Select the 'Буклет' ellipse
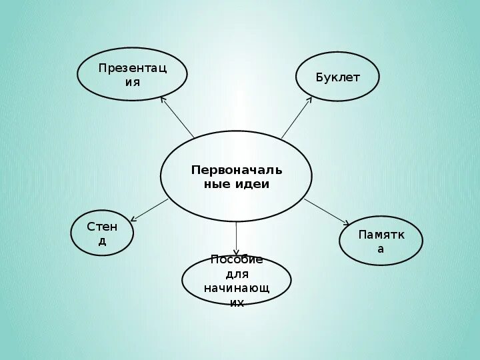pos(337,77)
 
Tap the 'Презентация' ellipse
pos(132,75)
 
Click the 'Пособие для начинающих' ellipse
pos(236,281)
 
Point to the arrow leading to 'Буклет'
pos(297,117)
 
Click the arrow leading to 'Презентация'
pos(177,117)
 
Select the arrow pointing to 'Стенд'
pos(150,209)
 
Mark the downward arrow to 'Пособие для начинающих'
pos(237,239)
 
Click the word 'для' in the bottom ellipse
pos(236,274)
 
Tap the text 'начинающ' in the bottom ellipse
pos(236,288)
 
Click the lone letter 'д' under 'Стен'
pos(102,241)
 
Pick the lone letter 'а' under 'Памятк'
pos(381,249)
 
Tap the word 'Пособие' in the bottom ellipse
pos(236,260)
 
